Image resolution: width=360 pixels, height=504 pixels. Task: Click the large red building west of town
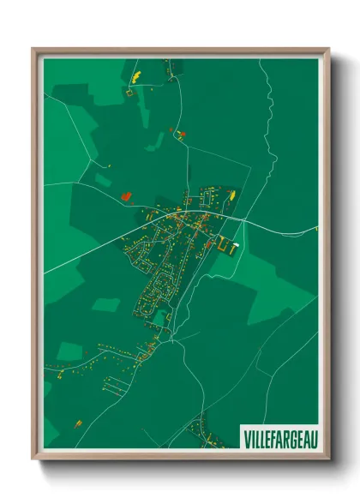(x=126, y=196)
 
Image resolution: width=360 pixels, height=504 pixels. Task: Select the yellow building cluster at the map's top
(x=135, y=76)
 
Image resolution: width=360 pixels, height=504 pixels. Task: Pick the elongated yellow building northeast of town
(x=230, y=196)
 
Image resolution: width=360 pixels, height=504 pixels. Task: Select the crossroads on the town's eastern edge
(x=243, y=221)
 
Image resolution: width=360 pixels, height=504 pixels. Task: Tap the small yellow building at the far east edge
(x=315, y=228)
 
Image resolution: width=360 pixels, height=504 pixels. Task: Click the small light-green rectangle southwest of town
(x=105, y=304)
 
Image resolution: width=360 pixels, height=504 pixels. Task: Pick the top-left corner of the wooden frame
(x=34, y=50)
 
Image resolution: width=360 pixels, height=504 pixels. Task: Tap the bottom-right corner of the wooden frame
(x=327, y=458)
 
